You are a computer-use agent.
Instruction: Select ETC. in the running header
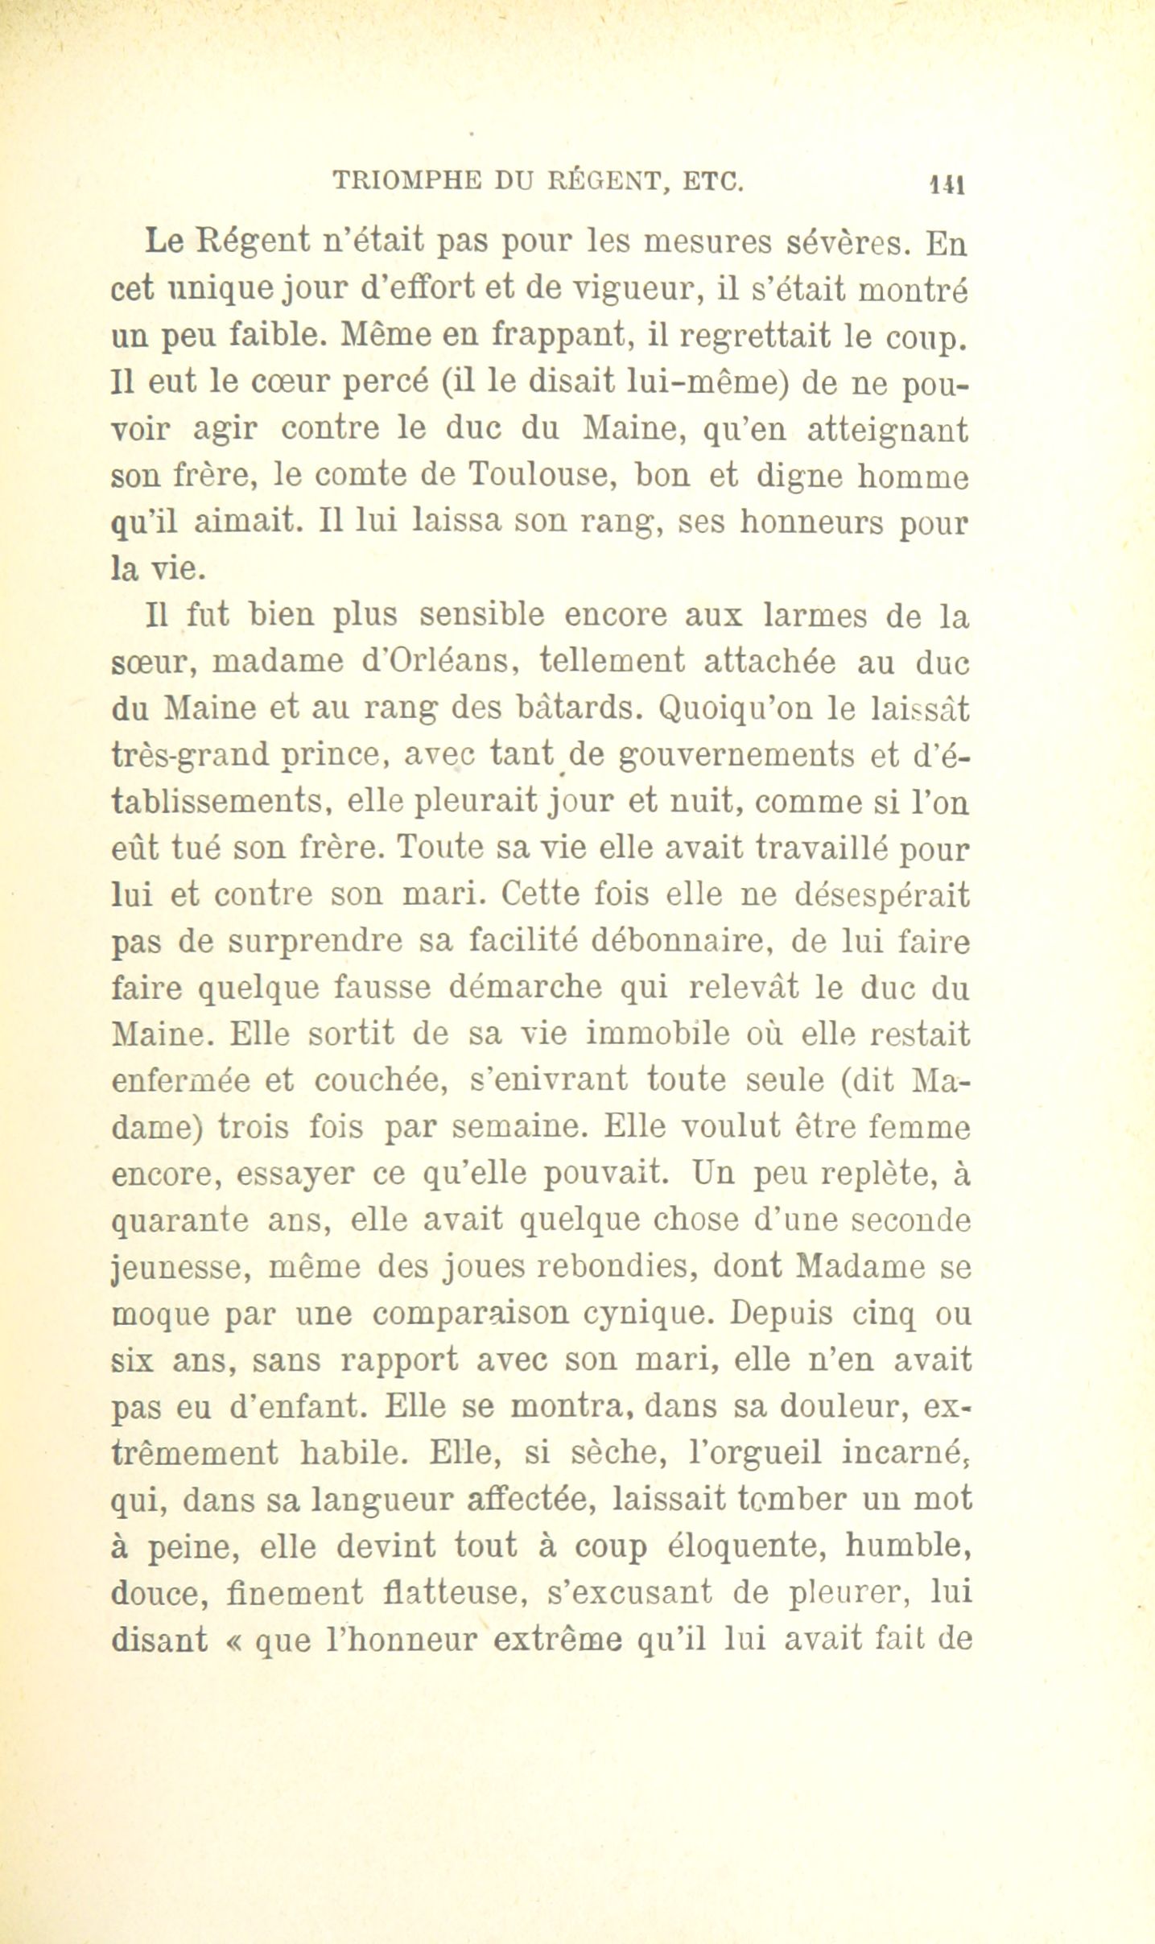coord(712,183)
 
